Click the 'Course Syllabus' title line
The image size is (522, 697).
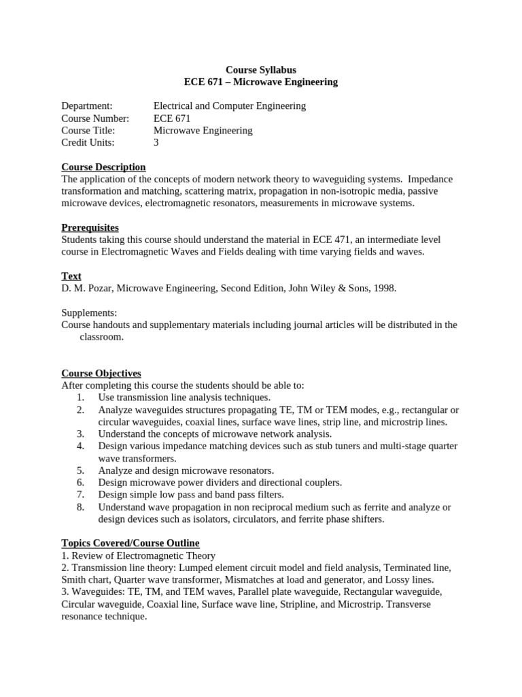(x=260, y=69)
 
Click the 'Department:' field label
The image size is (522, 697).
(x=86, y=106)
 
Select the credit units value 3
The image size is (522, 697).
(x=156, y=142)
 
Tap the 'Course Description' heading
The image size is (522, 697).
(x=103, y=167)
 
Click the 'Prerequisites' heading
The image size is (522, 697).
(x=90, y=227)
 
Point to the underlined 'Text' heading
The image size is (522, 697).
(x=71, y=276)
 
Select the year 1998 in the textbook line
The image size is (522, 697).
(x=383, y=288)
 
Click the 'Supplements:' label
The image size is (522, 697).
(x=89, y=312)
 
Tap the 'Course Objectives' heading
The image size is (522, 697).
(x=101, y=373)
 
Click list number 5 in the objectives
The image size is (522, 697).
(x=80, y=470)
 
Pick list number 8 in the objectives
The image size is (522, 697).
(x=80, y=507)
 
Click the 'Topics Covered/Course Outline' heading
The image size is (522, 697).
(x=130, y=542)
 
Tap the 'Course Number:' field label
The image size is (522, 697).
(x=94, y=118)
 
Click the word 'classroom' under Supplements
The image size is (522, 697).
(x=102, y=337)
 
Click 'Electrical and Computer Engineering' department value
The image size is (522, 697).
(x=230, y=106)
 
